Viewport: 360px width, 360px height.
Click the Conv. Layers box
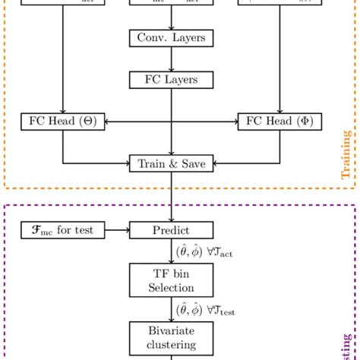pyautogui.click(x=171, y=38)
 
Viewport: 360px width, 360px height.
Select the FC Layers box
pyautogui.click(x=171, y=79)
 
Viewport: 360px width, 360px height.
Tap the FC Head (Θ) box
pyautogui.click(x=62, y=121)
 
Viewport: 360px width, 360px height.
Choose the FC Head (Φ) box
pyautogui.click(x=279, y=121)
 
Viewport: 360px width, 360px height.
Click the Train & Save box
pyautogui.click(x=171, y=162)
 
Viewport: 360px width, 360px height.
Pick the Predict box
pyautogui.click(x=171, y=229)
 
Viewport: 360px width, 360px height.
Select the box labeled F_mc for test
pyautogui.click(x=62, y=229)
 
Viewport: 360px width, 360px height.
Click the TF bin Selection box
pyautogui.click(x=171, y=279)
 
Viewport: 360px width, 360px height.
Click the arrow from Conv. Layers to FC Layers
pyautogui.click(x=171, y=58)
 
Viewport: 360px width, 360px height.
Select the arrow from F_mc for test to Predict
pyautogui.click(x=117, y=229)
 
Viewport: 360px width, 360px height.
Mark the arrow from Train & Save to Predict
pyautogui.click(x=171, y=195)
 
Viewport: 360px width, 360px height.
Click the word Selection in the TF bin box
pyautogui.click(x=171, y=287)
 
